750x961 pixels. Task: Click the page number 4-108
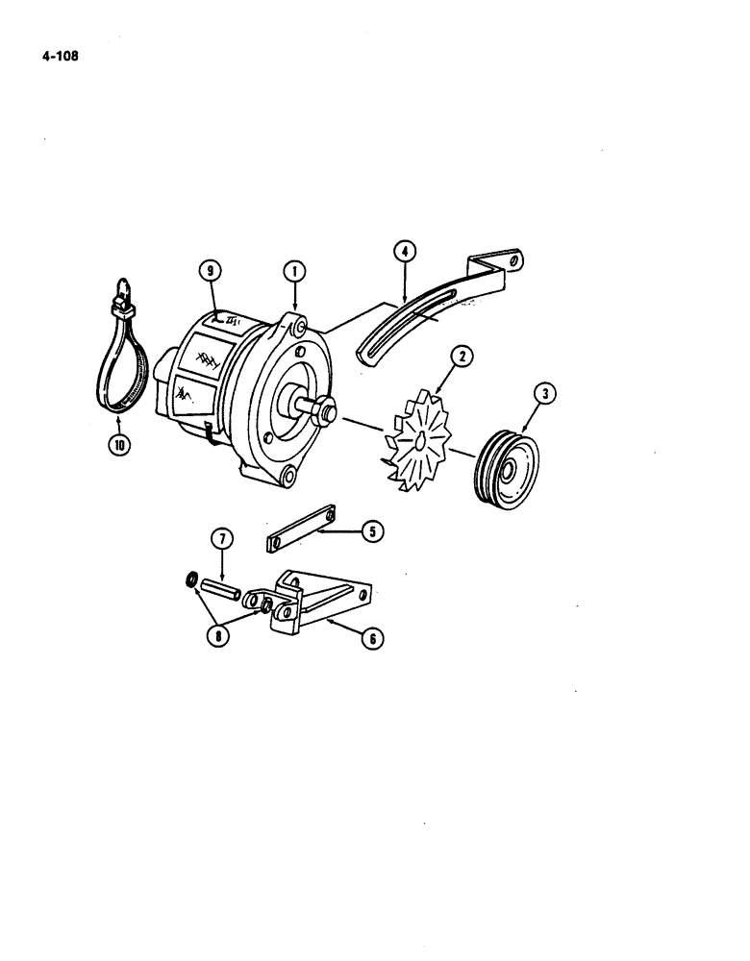[60, 57]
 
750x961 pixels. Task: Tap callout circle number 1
[295, 272]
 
